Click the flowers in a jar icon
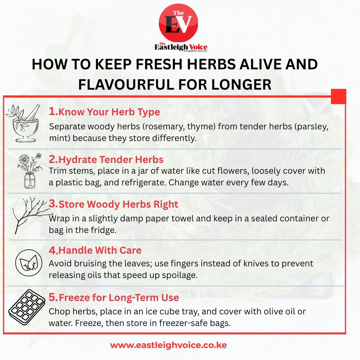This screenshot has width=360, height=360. click(30, 171)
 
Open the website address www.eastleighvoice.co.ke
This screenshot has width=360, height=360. click(168, 345)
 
